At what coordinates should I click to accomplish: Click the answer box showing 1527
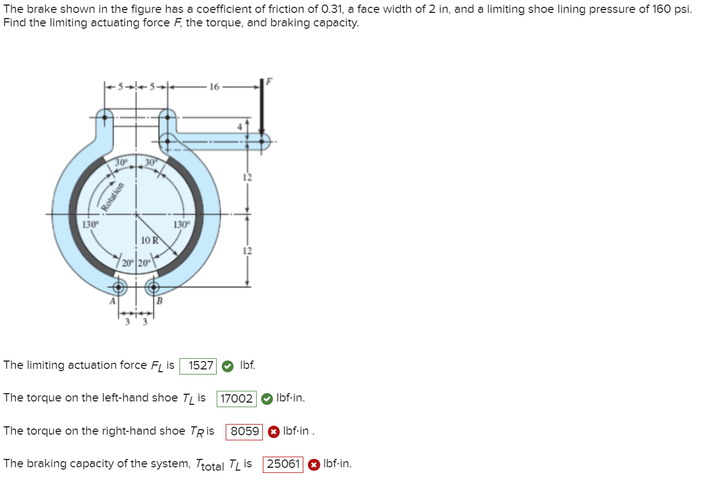point(198,366)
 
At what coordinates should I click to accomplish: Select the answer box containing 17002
point(236,399)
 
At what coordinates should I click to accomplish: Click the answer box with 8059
point(245,432)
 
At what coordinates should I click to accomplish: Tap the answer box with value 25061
point(283,465)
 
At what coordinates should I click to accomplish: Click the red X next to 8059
point(273,432)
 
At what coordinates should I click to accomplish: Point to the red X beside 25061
point(313,465)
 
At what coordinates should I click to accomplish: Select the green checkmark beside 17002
point(267,399)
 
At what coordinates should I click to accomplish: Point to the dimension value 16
point(213,87)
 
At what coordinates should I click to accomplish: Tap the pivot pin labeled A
point(119,288)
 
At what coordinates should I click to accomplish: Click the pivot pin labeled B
point(153,288)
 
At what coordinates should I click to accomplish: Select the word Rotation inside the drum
point(111,197)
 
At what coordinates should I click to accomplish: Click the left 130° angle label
point(90,224)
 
